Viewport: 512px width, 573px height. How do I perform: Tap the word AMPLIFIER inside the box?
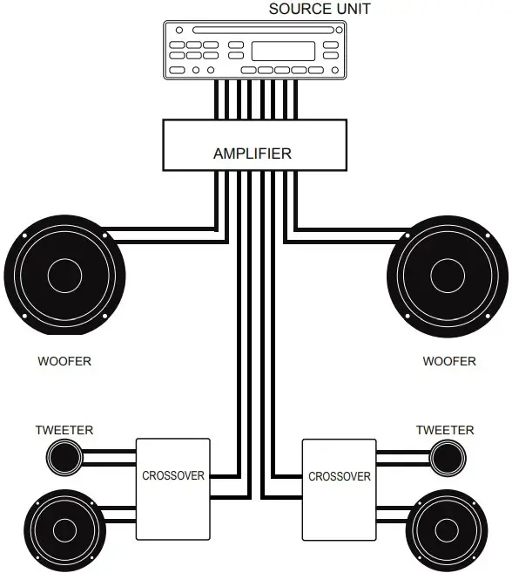pyautogui.click(x=253, y=153)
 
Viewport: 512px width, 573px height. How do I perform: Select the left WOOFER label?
pyautogui.click(x=64, y=360)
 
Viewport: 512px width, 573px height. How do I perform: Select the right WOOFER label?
pyautogui.click(x=449, y=360)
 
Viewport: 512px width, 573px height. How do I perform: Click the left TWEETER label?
pyautogui.click(x=64, y=430)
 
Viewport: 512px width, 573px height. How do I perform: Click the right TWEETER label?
pyautogui.click(x=445, y=430)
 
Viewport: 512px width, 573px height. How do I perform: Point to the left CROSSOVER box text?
pyautogui.click(x=173, y=475)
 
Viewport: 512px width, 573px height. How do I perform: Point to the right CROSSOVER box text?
pyautogui.click(x=340, y=476)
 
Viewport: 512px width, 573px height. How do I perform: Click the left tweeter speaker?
pyautogui.click(x=64, y=455)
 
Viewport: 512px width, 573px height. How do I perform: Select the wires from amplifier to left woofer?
pyautogui.click(x=165, y=234)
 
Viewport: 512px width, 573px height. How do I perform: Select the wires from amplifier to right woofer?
pyautogui.click(x=348, y=234)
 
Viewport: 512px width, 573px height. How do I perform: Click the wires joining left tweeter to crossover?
pyautogui.click(x=110, y=454)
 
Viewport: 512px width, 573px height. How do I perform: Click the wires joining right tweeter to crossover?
pyautogui.click(x=402, y=454)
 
